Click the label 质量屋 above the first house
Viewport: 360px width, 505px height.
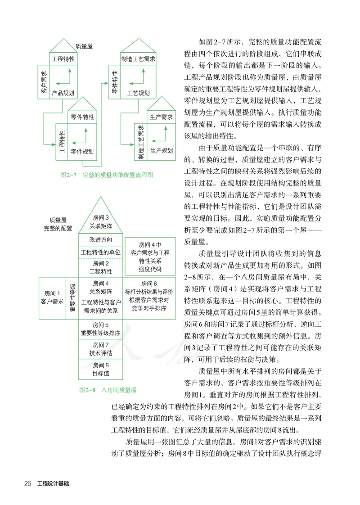(x=85, y=45)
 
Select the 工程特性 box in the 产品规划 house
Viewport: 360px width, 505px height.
(x=63, y=59)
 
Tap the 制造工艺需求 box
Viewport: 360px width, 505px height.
(x=138, y=59)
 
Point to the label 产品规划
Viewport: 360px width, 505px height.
(x=63, y=93)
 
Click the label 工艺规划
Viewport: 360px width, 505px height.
(x=138, y=93)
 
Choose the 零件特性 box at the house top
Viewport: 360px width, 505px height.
(x=82, y=117)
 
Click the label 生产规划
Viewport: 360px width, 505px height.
(x=161, y=150)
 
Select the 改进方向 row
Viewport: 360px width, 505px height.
(x=101, y=239)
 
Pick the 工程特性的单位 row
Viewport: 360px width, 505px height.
(x=101, y=252)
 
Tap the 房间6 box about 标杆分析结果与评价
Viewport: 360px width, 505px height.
(x=148, y=296)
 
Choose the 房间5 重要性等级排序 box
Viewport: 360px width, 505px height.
(x=101, y=329)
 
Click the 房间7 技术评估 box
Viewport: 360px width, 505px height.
(x=101, y=349)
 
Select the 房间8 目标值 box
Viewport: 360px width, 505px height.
(x=101, y=369)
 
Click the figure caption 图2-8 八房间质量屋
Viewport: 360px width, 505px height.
(x=108, y=390)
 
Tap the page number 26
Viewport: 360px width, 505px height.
(x=27, y=484)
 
